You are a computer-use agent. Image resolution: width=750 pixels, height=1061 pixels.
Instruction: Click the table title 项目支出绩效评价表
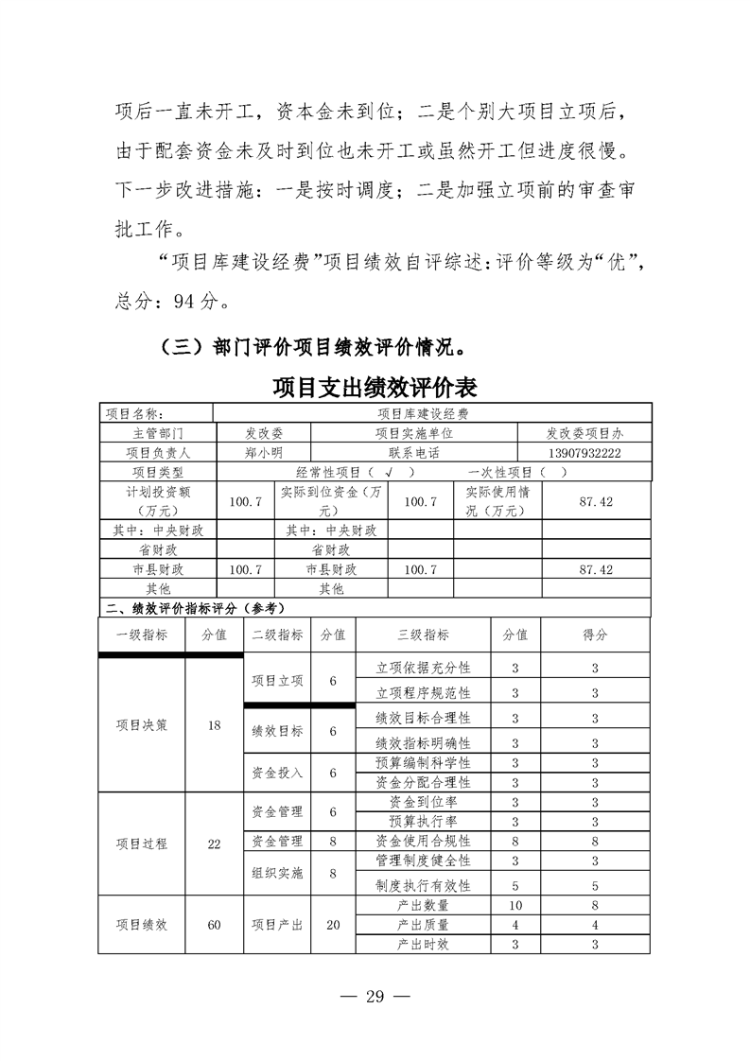pos(375,388)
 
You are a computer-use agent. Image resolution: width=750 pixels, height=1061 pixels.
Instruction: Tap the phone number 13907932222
pos(584,453)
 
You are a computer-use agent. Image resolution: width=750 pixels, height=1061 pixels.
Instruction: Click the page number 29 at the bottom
pos(375,997)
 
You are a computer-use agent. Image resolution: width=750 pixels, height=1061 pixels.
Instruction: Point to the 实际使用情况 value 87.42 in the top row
pos(596,501)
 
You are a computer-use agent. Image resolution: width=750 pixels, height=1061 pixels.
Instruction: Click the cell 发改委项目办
pos(584,433)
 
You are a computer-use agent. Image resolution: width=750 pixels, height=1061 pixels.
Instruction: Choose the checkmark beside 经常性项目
pos(390,473)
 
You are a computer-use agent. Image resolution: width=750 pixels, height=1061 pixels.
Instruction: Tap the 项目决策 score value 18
pos(214,725)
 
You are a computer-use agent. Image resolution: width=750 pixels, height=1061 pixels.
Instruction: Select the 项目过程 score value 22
pos(214,844)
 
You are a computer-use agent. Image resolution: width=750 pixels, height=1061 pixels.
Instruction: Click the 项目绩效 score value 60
pos(214,924)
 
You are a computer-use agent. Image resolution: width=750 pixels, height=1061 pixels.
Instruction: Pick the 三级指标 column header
pos(423,635)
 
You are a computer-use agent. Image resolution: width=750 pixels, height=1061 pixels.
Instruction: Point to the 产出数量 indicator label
pos(423,905)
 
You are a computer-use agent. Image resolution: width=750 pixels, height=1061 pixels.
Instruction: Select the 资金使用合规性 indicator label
pos(423,841)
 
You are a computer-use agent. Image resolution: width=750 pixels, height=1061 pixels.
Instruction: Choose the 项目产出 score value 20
pos(333,924)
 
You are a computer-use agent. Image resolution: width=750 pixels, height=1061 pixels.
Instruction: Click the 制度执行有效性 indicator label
pos(423,886)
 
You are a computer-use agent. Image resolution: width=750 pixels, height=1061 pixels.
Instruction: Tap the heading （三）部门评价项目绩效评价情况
pos(312,346)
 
